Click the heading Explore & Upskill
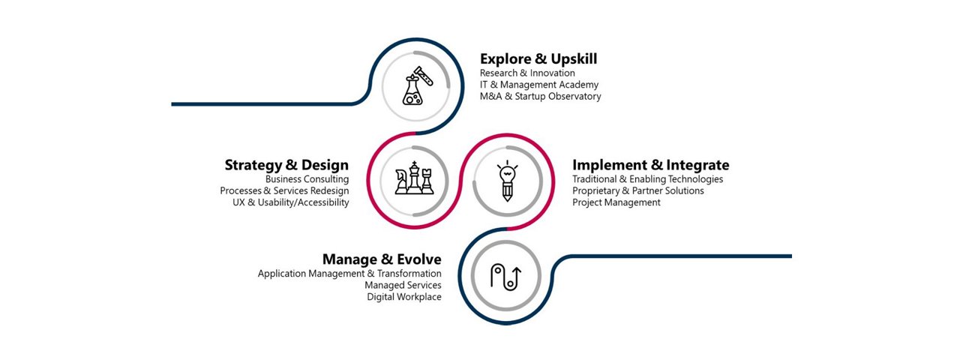pos(538,58)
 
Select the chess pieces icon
pos(414,178)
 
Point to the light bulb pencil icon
pos(508,181)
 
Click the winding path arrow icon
pos(506,277)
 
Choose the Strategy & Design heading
pos(286,165)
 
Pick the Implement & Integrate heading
pos(650,165)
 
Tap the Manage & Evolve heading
pos(382,259)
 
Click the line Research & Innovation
pos(527,73)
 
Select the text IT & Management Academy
pos(539,85)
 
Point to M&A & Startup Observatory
pos(541,96)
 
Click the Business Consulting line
pos(307,179)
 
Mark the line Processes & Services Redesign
pos(284,190)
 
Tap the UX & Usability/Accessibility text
pos(291,202)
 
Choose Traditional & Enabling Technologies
pos(647,179)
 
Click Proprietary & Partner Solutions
pos(638,190)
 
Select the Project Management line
pos(616,202)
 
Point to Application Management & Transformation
pos(349,274)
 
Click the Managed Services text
pos(403,285)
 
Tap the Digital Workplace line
pos(404,296)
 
